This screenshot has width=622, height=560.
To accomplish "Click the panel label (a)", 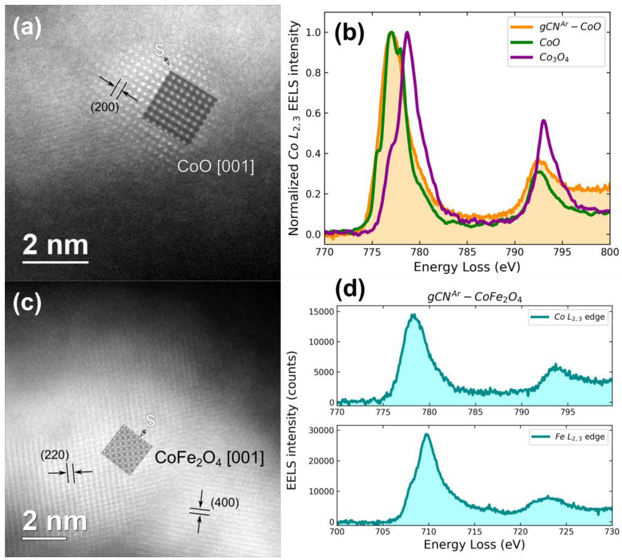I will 27,28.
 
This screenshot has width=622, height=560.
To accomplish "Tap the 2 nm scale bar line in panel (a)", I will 55,262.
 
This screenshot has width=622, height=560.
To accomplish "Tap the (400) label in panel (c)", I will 225,503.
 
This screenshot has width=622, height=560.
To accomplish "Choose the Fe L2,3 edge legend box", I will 567,437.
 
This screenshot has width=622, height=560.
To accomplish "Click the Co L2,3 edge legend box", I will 567,317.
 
